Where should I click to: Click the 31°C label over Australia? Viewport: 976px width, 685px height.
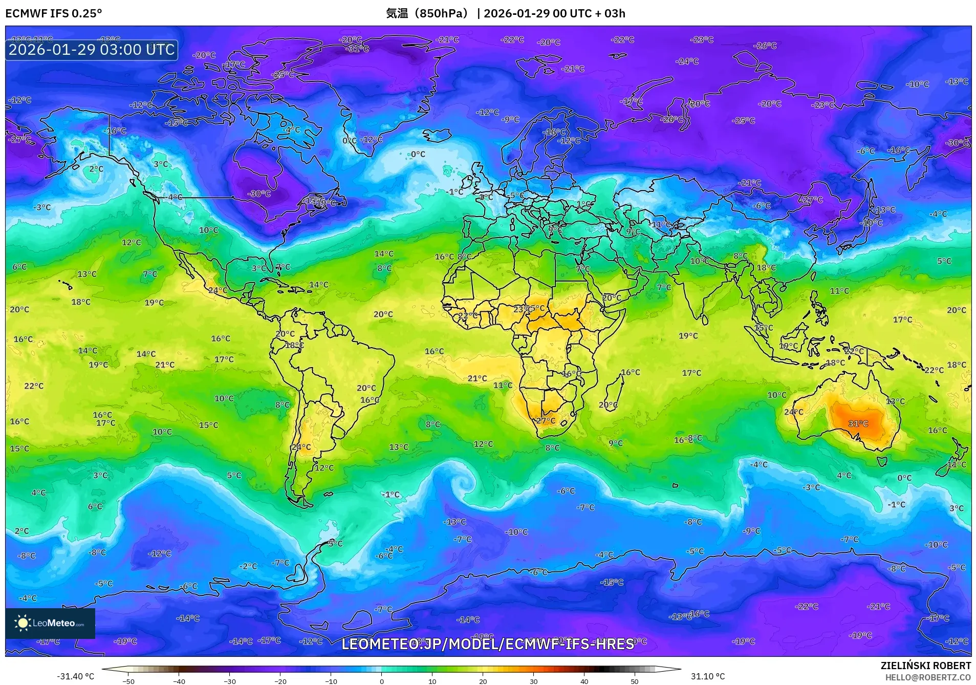click(858, 423)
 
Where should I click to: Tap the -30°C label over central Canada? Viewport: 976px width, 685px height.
click(259, 194)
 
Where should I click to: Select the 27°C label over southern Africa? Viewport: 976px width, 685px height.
click(546, 421)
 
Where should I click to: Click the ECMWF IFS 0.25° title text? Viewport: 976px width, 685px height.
click(54, 13)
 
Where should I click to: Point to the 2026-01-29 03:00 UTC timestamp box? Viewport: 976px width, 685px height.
click(92, 50)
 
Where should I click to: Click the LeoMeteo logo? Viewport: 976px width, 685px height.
click(50, 623)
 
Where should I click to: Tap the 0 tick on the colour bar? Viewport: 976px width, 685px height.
click(381, 681)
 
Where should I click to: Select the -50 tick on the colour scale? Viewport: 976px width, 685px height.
click(128, 681)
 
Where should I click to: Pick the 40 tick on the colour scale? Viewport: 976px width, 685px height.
click(584, 681)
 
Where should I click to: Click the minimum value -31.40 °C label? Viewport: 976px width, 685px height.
click(75, 676)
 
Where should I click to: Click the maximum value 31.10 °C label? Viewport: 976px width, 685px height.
click(708, 676)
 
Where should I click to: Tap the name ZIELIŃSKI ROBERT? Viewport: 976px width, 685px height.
click(925, 666)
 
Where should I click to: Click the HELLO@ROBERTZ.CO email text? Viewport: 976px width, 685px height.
click(928, 677)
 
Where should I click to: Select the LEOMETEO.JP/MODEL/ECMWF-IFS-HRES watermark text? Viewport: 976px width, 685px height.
click(488, 644)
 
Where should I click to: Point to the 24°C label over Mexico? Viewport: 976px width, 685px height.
click(218, 290)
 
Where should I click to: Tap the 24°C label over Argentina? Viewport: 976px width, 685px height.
click(301, 447)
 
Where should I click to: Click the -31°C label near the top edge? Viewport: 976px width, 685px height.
click(358, 49)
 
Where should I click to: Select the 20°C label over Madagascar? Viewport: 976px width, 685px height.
click(608, 404)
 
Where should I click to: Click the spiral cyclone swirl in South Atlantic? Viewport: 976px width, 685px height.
click(465, 482)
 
